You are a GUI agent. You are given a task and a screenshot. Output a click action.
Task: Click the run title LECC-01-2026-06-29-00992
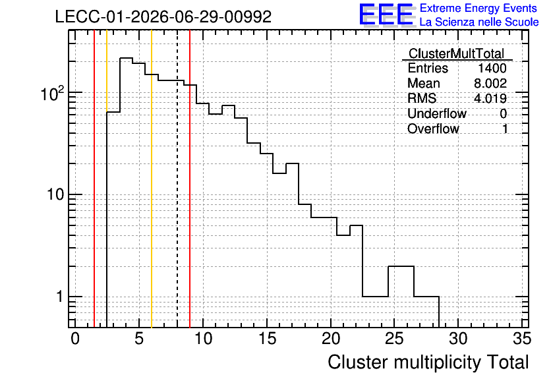163,16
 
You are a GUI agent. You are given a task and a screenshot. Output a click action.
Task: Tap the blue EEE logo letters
386,14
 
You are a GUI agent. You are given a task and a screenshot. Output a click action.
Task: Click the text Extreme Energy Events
478,8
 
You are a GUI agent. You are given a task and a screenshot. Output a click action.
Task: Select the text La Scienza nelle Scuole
479,22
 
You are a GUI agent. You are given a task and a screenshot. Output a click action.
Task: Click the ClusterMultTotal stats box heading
457,53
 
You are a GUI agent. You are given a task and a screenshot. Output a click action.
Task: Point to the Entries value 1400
492,68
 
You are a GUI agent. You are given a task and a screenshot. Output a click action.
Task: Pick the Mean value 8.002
490,83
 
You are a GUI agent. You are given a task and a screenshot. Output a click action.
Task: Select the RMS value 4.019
490,98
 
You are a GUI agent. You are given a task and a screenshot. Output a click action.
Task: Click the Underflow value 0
503,113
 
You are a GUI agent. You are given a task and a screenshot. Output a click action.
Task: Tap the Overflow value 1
505,129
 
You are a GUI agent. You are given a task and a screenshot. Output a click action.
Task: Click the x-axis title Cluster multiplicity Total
428,362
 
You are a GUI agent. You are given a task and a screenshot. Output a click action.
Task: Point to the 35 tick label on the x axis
522,339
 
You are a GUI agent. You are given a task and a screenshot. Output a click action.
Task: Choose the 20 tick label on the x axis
330,339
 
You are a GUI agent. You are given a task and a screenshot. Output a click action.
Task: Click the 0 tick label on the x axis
75,339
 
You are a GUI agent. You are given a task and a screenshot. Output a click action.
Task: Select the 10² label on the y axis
53,93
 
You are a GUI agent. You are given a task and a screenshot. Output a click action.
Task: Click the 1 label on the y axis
59,297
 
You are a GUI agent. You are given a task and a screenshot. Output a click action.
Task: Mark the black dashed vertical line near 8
177,179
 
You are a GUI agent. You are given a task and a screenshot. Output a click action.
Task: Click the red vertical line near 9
190,179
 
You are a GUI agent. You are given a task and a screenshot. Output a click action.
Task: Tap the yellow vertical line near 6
152,179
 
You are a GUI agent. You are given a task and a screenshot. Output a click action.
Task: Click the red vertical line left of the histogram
94,179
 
